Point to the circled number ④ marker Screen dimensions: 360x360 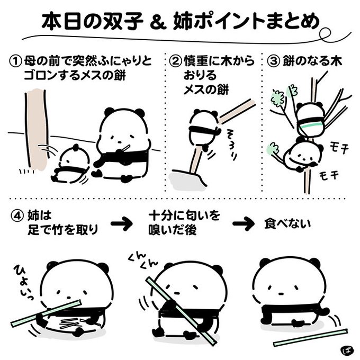pos(16,217)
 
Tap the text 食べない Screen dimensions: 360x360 pos(288,224)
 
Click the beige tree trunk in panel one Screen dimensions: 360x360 pos(34,127)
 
